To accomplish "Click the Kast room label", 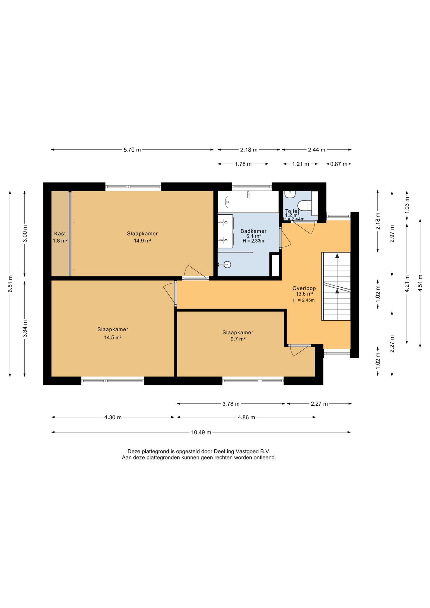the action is click(60, 234).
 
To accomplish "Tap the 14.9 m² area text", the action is click(142, 241).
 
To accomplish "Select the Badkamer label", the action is click(253, 231).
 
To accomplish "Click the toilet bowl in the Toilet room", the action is click(305, 206).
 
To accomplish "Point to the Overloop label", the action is click(304, 288).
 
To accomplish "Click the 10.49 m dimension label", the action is click(201, 432).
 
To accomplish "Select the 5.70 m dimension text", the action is click(132, 150).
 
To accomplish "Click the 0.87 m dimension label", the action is click(339, 164).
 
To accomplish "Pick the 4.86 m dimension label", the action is click(246, 417).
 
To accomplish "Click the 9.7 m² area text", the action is click(238, 339).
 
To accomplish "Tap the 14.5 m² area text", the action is click(113, 338).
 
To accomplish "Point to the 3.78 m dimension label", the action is click(231, 404).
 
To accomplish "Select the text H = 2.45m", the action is click(304, 300).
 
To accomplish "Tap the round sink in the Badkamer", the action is click(227, 264).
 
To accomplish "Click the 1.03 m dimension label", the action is click(407, 205).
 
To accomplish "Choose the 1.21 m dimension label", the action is click(300, 164).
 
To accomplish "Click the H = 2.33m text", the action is click(253, 241).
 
